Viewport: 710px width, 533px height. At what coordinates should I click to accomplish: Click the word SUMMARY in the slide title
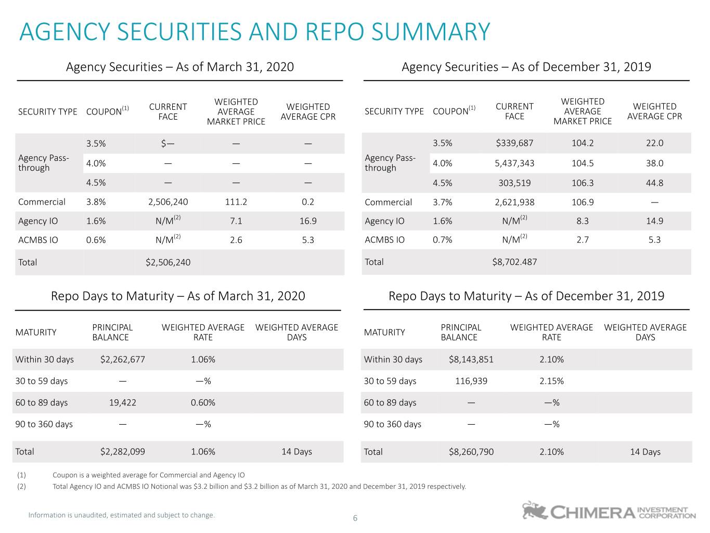[x=431, y=32]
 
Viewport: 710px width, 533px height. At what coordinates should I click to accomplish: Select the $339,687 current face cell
[x=514, y=143]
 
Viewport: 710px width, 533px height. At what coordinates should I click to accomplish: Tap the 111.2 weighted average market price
[x=236, y=202]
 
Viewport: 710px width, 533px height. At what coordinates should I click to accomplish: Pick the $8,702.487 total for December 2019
[x=514, y=262]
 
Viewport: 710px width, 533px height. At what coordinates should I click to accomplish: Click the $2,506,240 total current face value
[x=168, y=262]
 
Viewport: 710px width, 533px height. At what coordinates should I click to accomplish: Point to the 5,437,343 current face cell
[x=514, y=163]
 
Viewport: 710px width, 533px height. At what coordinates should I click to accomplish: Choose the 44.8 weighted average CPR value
[x=654, y=183]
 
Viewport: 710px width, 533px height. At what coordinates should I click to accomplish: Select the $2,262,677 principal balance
[x=123, y=359]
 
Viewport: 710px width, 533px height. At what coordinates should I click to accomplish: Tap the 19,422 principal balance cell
[x=123, y=402]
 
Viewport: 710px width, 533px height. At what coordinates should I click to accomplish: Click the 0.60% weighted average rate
[x=203, y=402]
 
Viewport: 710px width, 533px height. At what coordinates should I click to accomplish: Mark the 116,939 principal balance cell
[x=471, y=381]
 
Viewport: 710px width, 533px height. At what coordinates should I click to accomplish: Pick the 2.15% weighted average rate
[x=551, y=381]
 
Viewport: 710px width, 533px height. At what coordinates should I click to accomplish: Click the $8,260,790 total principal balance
[x=471, y=452]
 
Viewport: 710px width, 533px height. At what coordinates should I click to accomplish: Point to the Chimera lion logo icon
[x=534, y=510]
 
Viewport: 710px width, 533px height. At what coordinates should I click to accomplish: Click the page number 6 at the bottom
[x=355, y=518]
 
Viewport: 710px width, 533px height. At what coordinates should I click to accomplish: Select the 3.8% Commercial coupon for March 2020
[x=96, y=202]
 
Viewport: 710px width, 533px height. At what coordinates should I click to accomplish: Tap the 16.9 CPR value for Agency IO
[x=307, y=221]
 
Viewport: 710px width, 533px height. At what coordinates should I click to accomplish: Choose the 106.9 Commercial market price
[x=583, y=202]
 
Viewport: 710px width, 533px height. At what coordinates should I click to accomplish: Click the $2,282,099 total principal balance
[x=123, y=451]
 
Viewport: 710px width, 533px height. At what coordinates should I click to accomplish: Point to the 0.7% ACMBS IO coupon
[x=442, y=240]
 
